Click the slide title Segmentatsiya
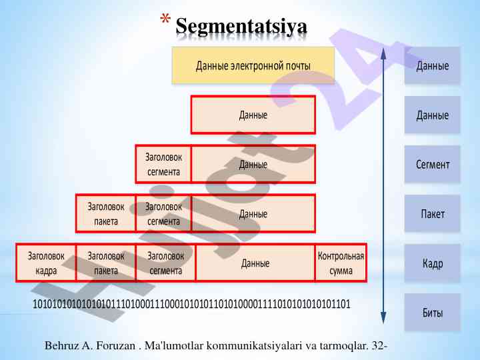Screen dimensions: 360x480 pos(241,26)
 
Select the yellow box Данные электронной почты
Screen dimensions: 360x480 pos(253,65)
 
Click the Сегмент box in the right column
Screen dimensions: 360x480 pos(432,164)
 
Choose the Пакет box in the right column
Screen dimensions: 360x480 pos(432,213)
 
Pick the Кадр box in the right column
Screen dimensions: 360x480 pos(432,263)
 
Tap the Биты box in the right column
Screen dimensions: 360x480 pos(432,312)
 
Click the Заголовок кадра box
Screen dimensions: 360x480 pos(46,263)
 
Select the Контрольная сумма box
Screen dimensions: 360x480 pos(341,263)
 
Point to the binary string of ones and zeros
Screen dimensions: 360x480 pos(191,304)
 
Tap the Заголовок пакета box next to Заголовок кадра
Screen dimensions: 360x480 pos(106,263)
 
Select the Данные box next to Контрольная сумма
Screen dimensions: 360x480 pos(255,263)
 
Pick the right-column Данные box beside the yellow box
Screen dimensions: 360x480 pos(432,65)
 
